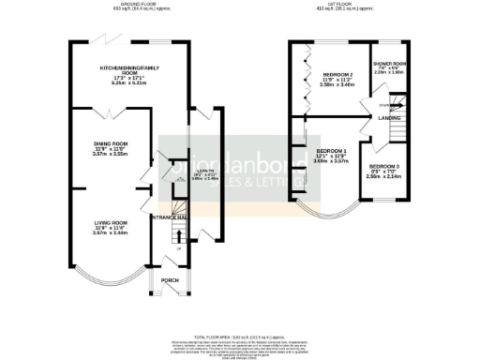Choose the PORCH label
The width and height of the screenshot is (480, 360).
click(x=170, y=279)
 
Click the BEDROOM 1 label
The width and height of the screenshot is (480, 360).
click(x=331, y=151)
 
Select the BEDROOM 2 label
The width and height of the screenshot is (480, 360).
click(x=337, y=73)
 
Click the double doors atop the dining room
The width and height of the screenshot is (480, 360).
click(x=111, y=113)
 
